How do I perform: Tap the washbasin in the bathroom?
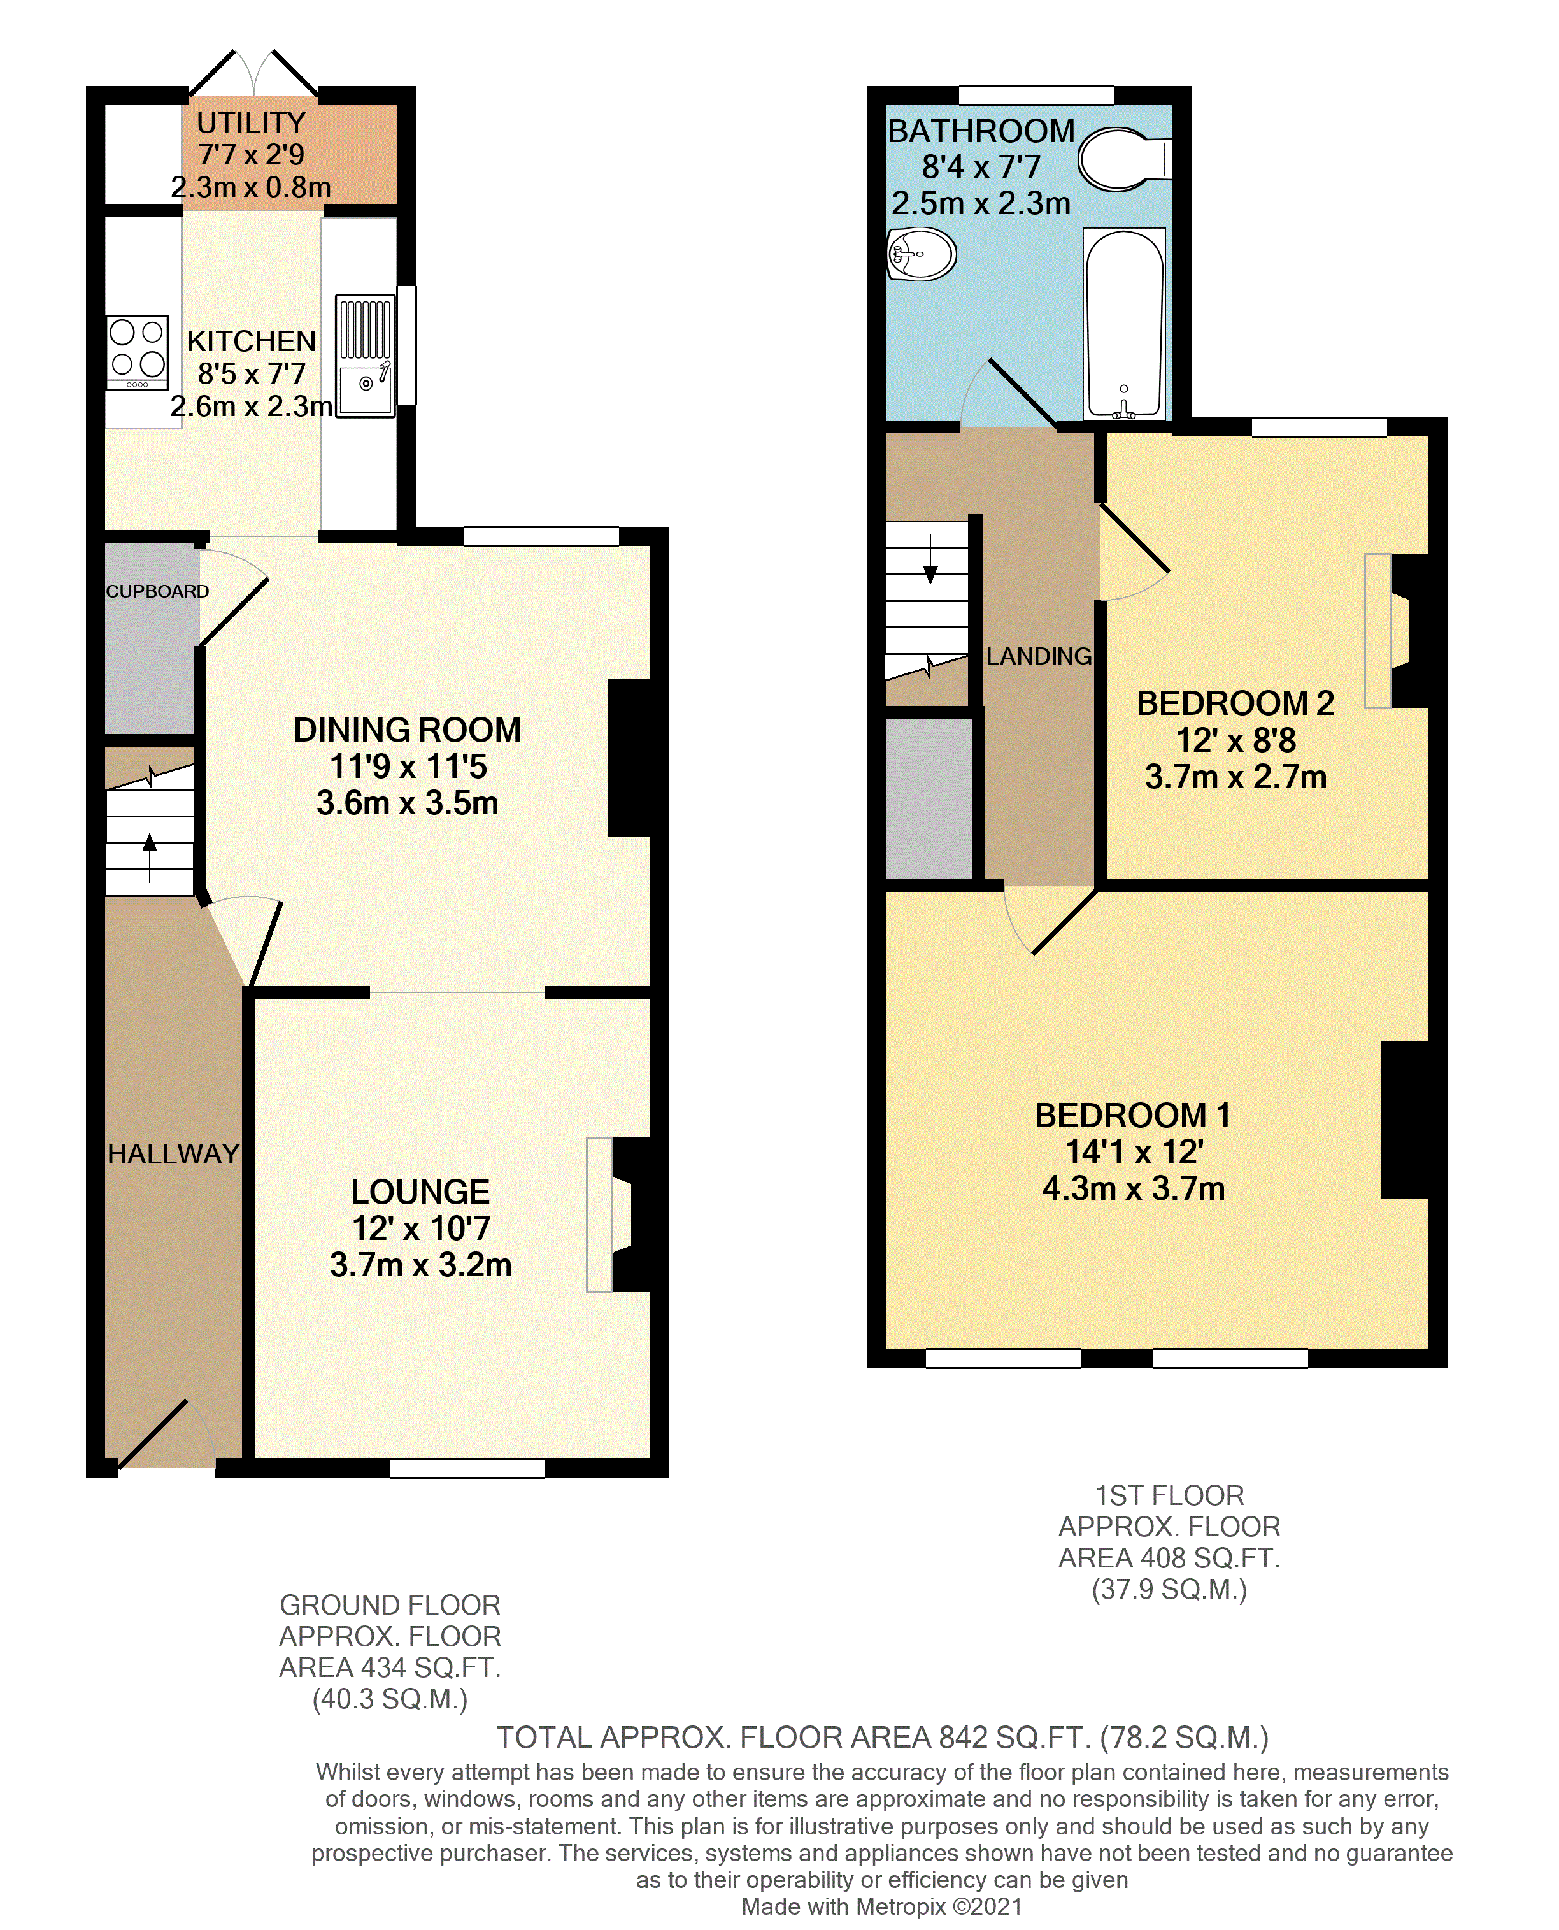pos(922,254)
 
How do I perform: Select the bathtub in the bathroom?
pos(1124,324)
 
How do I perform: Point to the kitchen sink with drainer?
pos(366,356)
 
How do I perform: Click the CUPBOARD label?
pos(157,591)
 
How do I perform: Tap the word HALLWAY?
pos(173,1154)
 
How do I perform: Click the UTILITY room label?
pos(252,122)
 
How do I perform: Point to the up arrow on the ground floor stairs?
pos(150,854)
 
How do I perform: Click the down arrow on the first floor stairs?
pos(930,561)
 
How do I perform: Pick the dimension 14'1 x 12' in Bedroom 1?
pos(1134,1152)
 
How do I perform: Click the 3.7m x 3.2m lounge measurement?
pos(420,1265)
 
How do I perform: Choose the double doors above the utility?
pos(254,74)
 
